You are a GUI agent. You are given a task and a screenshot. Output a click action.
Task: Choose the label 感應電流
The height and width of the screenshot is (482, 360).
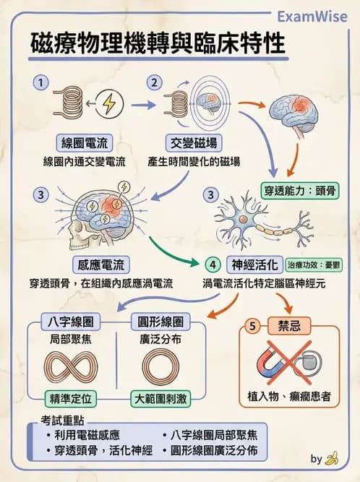[100, 264]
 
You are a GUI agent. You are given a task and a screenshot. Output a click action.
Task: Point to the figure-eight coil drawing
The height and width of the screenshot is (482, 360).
[72, 367]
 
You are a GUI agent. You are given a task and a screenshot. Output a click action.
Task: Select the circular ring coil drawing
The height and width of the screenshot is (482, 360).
[165, 367]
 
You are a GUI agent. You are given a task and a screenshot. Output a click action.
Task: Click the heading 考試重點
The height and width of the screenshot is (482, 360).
[60, 421]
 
